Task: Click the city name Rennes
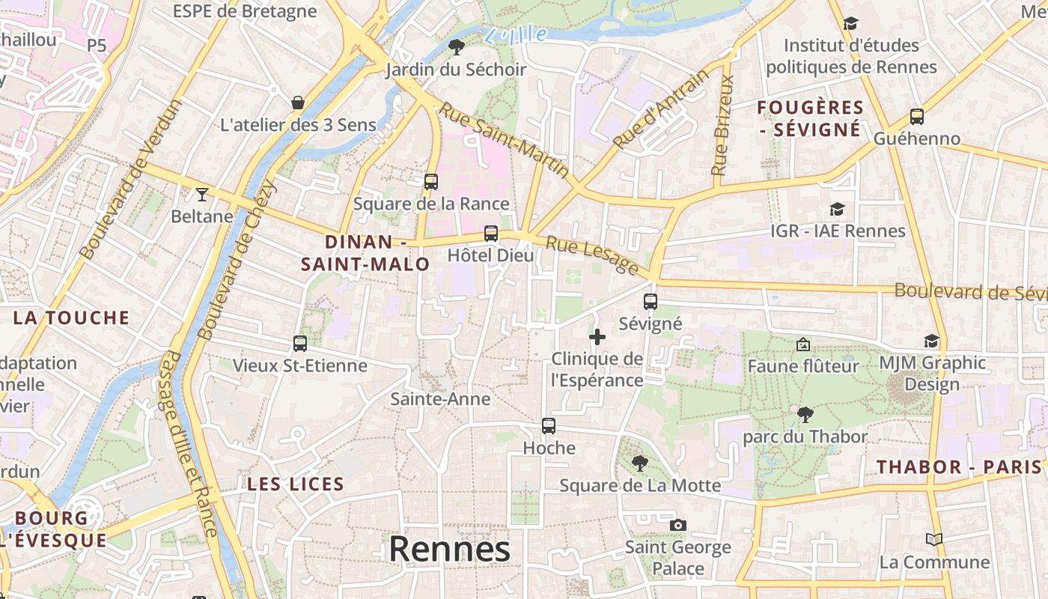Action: tap(449, 549)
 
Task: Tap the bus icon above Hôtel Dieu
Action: tap(491, 233)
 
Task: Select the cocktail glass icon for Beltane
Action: tap(201, 195)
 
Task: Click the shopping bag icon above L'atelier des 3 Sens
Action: tap(298, 102)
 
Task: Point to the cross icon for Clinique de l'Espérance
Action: tap(597, 337)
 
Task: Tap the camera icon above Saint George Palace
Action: tap(678, 525)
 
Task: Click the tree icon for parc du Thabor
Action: tap(805, 414)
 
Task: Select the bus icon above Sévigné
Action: tap(651, 302)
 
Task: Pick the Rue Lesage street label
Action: tap(591, 255)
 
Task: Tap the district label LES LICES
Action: tap(296, 484)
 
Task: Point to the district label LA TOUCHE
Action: tap(71, 317)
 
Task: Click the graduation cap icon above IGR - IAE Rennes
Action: tap(837, 209)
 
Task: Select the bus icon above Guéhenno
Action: tap(917, 117)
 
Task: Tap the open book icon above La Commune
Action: tap(933, 539)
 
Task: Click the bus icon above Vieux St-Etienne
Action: tap(300, 344)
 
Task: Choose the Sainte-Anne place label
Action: tap(440, 399)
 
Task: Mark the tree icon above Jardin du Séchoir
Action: tap(456, 48)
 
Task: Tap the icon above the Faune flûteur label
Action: tap(803, 344)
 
